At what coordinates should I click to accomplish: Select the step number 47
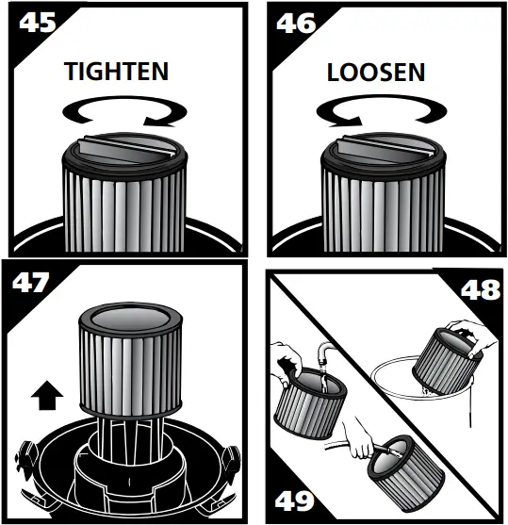pos(27,283)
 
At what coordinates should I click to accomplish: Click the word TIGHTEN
pos(116,71)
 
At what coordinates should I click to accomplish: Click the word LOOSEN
pos(376,72)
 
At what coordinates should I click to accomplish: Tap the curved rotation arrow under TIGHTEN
pos(121,114)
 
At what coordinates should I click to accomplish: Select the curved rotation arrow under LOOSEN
pos(379,114)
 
